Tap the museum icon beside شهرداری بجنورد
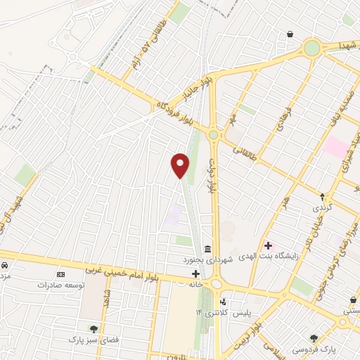[207, 250]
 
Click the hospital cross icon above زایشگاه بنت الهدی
[268, 245]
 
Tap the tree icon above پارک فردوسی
[314, 338]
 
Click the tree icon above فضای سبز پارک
[93, 328]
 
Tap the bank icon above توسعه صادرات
[60, 275]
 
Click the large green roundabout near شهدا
[311, 48]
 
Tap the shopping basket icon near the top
[290, 34]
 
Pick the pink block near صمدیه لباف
[336, 148]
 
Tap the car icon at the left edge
[4, 266]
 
